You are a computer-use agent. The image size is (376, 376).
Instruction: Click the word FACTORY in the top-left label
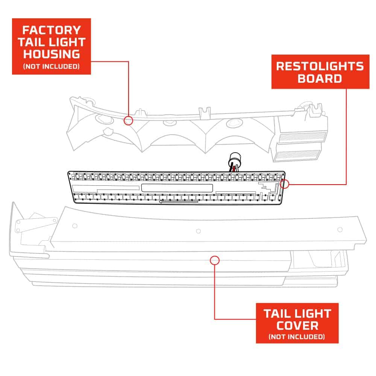coord(52,30)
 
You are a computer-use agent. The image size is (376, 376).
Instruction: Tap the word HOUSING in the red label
coord(52,54)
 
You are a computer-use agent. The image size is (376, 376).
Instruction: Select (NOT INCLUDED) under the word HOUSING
coord(52,67)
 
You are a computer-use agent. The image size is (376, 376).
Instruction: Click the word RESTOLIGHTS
coord(320,66)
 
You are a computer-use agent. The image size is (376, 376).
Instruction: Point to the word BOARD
coord(320,79)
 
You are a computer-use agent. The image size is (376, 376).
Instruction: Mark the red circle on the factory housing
coord(129,120)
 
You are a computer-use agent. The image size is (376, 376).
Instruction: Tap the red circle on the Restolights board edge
coord(285,184)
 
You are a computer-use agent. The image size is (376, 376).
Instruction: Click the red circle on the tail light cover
coord(214,260)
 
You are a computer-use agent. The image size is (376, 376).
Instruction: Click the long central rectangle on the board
coord(177,188)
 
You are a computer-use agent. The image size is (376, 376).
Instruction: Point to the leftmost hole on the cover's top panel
coord(75,226)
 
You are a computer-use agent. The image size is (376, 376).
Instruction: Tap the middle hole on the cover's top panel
coord(199,231)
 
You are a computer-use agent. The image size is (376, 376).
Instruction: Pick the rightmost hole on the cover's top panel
coord(340,229)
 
